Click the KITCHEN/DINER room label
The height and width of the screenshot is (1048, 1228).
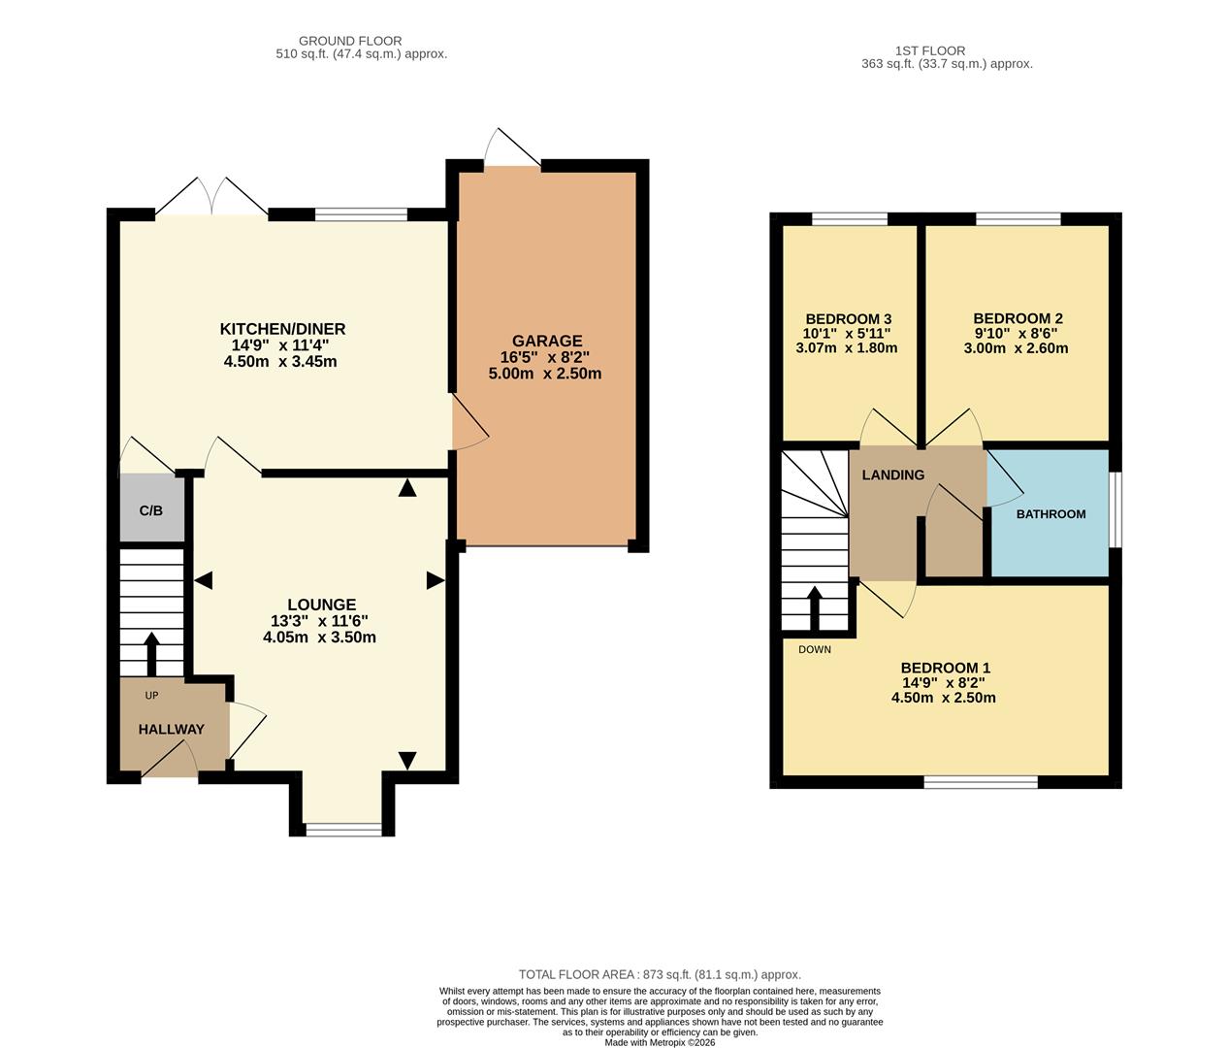point(282,329)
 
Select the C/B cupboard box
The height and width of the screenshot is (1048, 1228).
point(151,508)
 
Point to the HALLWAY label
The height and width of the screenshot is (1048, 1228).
point(171,730)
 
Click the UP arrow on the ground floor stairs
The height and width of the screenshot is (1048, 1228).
point(151,654)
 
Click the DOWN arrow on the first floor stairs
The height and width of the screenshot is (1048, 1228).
point(814,608)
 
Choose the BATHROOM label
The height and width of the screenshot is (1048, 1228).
point(1050,514)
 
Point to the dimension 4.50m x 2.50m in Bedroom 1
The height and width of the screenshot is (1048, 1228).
point(944,698)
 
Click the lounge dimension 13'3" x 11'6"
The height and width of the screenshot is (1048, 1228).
point(319,621)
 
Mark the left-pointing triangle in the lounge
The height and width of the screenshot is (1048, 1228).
point(203,580)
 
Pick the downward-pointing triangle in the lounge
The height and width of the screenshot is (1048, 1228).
point(406,761)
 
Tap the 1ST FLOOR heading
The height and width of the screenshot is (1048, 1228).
point(930,50)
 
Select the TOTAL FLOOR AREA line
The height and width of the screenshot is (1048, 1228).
point(660,974)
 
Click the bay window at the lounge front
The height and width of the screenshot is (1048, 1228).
point(343,829)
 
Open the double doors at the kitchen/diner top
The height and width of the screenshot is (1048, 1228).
point(211,198)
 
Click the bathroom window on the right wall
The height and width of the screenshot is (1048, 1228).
point(1115,509)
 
